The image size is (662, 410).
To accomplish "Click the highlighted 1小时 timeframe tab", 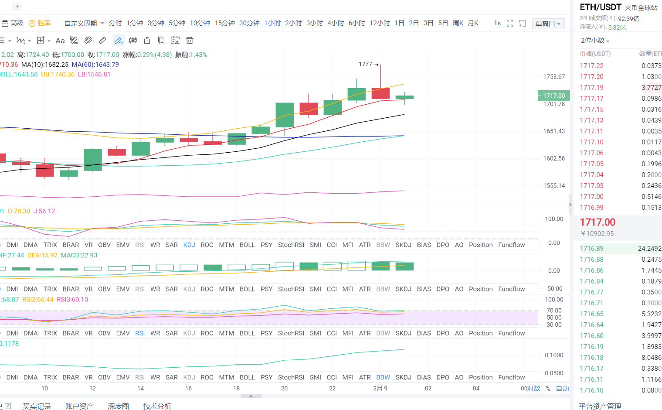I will point(272,23).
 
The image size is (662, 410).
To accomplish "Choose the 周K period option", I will point(458,23).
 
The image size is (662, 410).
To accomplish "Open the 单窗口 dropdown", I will point(548,24).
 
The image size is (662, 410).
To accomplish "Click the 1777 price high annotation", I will point(366,64).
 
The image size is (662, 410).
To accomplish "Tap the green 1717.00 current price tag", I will point(553,96).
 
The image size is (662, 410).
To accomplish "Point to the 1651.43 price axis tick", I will point(554,131).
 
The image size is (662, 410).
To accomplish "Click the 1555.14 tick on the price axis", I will point(554,185).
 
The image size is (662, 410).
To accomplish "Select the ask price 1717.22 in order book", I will point(591,66).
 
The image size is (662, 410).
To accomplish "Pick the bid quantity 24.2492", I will point(649,249).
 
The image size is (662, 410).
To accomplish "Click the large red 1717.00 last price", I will point(597,222).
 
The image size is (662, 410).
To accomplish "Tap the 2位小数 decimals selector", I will point(595,41).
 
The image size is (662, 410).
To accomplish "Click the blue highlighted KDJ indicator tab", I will point(189,245).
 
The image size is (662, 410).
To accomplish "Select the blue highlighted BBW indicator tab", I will point(383,377).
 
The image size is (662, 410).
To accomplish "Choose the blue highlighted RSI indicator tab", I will point(140,333).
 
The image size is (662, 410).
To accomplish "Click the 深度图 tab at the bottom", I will point(118,406).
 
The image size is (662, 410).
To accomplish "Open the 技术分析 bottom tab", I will point(157,406).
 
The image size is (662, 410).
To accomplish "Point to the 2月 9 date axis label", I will point(380,388).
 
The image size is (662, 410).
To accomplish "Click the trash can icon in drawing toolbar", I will point(190,41).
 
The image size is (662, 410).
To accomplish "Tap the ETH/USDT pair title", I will point(600,7).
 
